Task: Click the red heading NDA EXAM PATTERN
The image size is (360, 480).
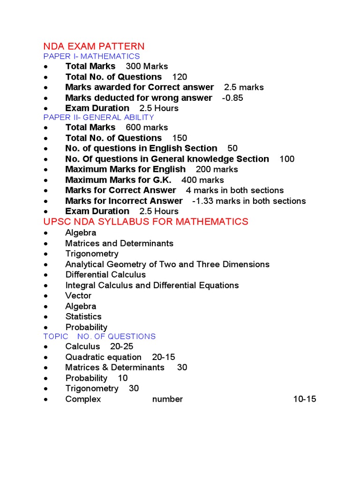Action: (x=94, y=46)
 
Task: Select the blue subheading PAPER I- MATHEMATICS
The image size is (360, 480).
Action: (x=91, y=57)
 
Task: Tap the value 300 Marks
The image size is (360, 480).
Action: (x=147, y=67)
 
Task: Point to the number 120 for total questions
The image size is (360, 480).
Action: (x=180, y=77)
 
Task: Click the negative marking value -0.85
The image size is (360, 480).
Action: (x=232, y=98)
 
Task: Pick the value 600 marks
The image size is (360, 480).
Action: (x=147, y=127)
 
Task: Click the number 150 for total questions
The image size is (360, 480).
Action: (x=180, y=138)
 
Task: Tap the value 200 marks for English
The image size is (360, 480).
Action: (x=217, y=169)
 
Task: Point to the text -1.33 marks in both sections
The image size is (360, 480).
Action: (x=249, y=201)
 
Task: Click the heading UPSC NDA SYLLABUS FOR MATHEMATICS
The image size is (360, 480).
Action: (x=146, y=222)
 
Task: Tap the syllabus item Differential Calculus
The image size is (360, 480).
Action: (x=105, y=275)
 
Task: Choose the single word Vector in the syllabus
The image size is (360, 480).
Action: (x=78, y=296)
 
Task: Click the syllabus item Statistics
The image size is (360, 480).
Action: (x=83, y=317)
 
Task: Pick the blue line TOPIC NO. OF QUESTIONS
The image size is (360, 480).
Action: (x=99, y=337)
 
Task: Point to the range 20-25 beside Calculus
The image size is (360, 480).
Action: (x=122, y=346)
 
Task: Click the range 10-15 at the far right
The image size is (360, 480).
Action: (x=305, y=399)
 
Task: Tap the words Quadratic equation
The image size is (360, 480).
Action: (x=103, y=357)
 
